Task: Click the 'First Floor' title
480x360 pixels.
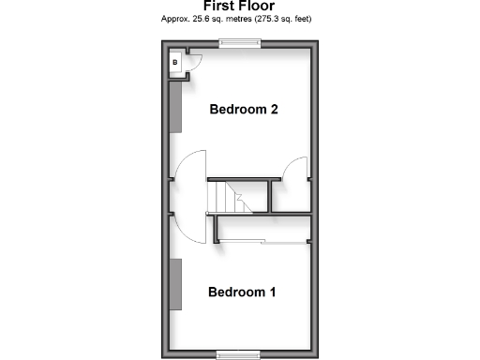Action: click(239, 6)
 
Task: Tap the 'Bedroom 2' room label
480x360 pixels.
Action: click(244, 110)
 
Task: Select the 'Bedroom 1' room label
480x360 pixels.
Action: click(242, 292)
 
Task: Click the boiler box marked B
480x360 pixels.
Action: click(175, 64)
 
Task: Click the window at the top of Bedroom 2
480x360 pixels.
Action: click(240, 43)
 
